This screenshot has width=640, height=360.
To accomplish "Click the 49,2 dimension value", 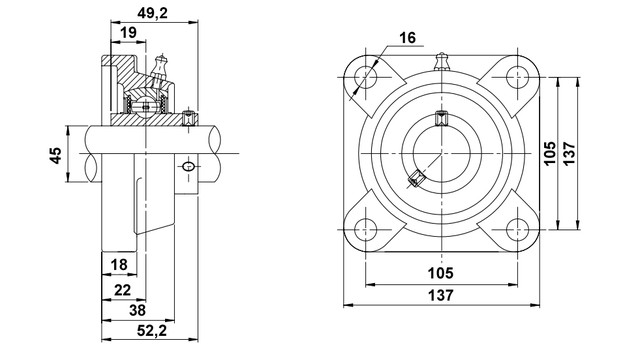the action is click(153, 13).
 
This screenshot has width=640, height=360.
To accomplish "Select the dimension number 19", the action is click(129, 33).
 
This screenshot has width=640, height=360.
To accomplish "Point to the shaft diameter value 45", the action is click(56, 156).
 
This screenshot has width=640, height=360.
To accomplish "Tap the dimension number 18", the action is click(119, 264).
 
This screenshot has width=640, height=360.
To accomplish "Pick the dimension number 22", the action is click(122, 290).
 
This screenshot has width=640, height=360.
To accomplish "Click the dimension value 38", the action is click(137, 311).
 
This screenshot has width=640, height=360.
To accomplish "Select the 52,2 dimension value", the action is click(152, 331).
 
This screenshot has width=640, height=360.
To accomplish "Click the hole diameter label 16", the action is click(407, 38).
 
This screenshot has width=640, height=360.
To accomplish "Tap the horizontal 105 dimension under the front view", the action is click(440, 273).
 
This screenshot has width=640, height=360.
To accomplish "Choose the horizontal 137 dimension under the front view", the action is click(440, 295).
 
